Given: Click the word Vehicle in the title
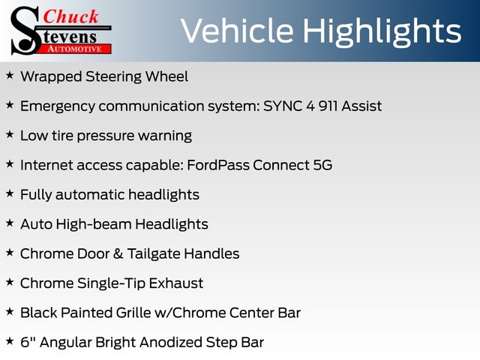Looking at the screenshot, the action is click(x=237, y=31).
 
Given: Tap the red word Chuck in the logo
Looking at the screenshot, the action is click(x=70, y=16).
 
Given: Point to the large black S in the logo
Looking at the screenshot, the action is click(x=26, y=31).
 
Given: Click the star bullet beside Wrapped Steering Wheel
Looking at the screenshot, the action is click(x=10, y=75).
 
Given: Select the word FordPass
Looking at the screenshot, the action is click(x=218, y=165).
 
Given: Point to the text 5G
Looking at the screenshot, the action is click(x=322, y=165).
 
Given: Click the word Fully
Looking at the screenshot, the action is click(x=36, y=195).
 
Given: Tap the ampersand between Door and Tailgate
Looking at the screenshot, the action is click(x=118, y=253).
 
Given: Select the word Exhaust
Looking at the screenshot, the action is click(x=176, y=283).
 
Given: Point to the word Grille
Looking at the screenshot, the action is click(x=133, y=313).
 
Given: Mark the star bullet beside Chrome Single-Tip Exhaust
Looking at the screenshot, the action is click(x=10, y=282).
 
